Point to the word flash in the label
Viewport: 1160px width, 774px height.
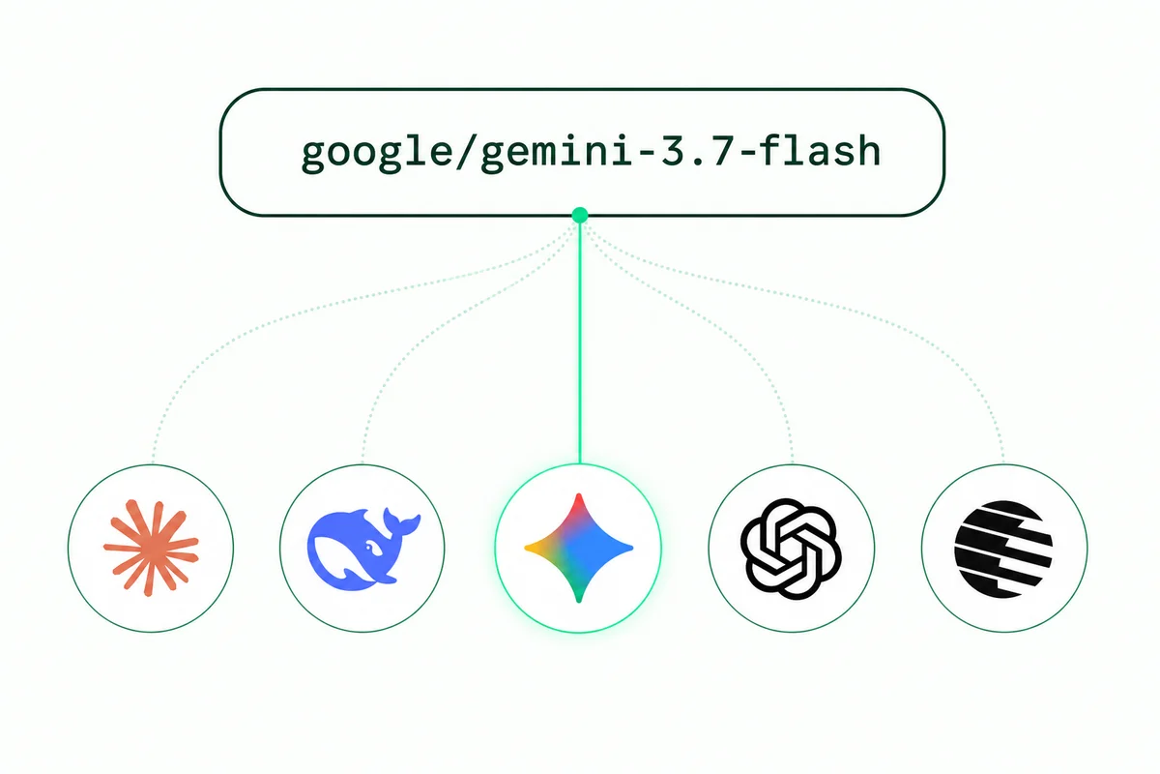820,150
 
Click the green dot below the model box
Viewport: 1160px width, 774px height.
579,215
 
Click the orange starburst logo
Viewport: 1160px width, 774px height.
151,548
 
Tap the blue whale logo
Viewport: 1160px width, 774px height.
363,549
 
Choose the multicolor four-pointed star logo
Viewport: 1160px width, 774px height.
578,548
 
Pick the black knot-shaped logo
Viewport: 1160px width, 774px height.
791,549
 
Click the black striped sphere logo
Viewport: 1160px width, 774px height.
1003,549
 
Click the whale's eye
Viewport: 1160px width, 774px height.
369,547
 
